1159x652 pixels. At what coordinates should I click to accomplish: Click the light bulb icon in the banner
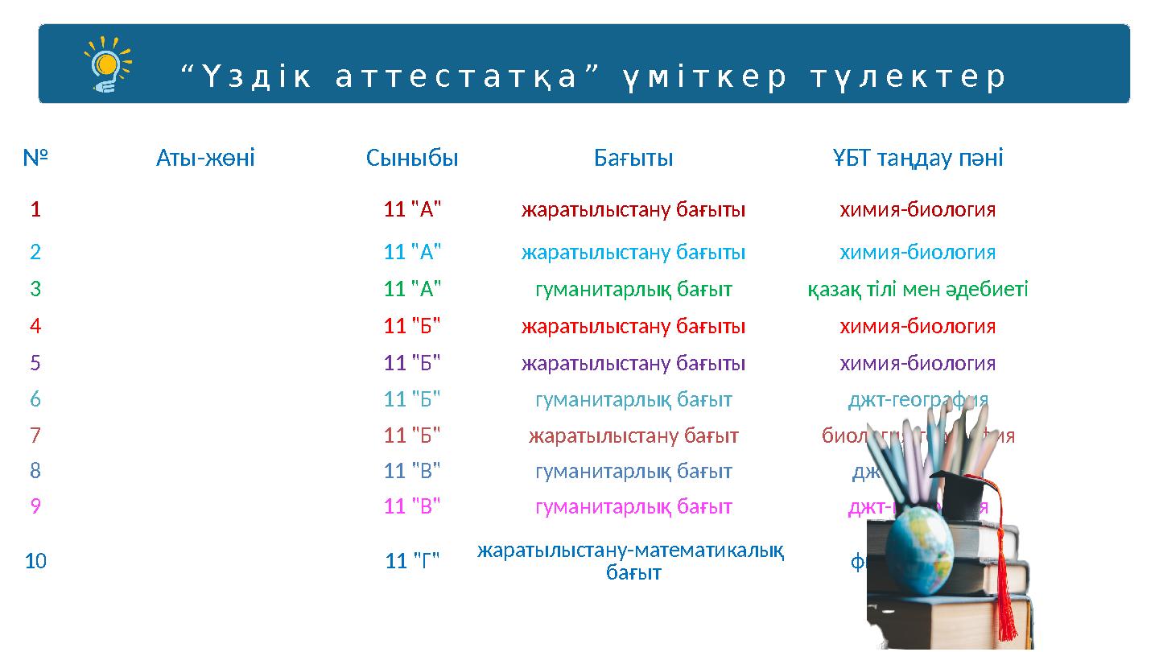click(107, 64)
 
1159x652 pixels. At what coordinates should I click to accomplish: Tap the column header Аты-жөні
click(205, 158)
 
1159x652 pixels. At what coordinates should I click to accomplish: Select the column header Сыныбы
click(412, 158)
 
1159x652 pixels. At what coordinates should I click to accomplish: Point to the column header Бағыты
click(633, 158)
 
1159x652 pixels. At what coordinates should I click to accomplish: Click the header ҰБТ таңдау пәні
click(918, 158)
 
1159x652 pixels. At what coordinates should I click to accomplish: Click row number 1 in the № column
click(35, 210)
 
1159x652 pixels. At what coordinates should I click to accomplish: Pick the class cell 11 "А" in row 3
click(412, 289)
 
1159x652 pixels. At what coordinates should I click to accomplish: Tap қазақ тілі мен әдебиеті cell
click(918, 289)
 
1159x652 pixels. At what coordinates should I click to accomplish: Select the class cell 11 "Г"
click(412, 561)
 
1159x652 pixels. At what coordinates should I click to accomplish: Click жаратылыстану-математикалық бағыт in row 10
click(632, 561)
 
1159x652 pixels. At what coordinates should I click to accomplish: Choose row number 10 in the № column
click(35, 561)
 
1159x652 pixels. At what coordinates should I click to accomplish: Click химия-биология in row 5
click(918, 363)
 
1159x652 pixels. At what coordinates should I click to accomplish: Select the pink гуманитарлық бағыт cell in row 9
click(633, 506)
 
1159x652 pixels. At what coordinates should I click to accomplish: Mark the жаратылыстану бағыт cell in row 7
click(633, 435)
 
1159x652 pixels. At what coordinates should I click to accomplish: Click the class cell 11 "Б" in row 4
click(412, 326)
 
